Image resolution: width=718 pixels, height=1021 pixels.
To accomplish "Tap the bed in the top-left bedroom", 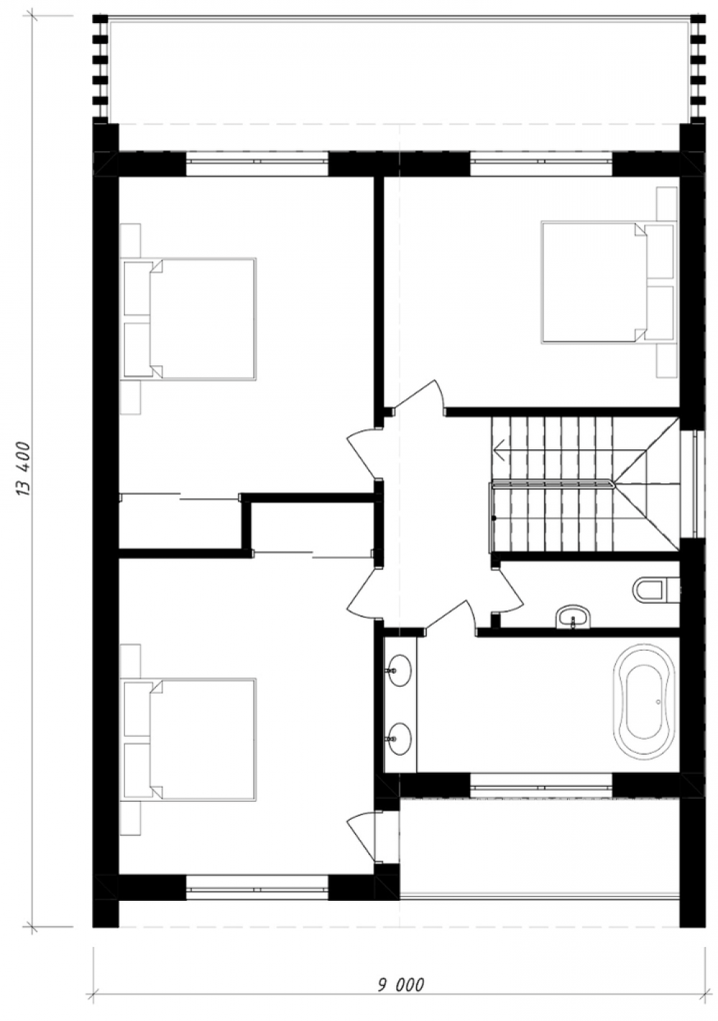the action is (x=190, y=319).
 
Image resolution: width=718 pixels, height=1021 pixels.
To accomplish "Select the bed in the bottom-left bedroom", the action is (x=190, y=739).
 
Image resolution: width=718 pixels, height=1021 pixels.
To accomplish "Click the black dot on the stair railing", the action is (x=494, y=518).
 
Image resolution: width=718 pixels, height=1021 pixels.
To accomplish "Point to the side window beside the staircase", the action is (x=693, y=483).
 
